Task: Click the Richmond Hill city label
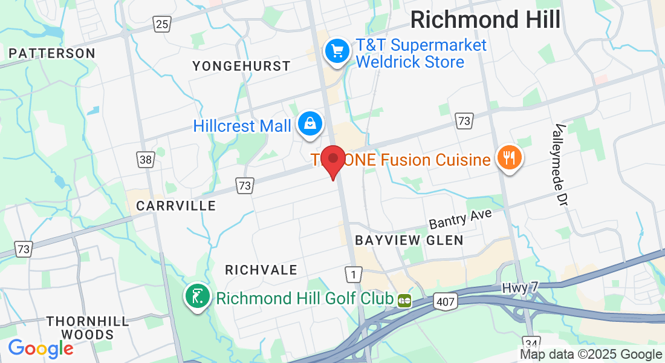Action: coord(485,19)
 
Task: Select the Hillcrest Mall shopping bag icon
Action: coord(310,124)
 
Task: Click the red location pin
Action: coord(332,159)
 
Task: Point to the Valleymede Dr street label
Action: coord(561,155)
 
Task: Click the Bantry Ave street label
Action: coord(460,220)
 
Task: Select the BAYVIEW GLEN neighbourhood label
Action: coord(409,240)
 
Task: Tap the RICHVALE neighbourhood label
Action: coord(261,270)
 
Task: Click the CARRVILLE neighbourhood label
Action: coord(176,206)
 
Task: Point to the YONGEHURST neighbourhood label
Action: coord(241,66)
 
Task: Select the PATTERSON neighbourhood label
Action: coord(52,53)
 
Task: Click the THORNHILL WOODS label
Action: coord(88,327)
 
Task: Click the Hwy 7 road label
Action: coord(520,289)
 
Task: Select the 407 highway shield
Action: coord(444,300)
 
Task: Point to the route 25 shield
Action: coord(162,24)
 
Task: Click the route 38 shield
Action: coord(145,160)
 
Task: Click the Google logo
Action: coord(41,348)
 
